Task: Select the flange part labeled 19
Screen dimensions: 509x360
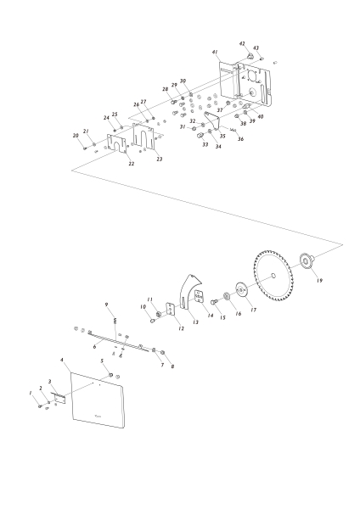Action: [x=307, y=260]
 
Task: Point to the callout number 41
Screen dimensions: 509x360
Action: [x=215, y=53]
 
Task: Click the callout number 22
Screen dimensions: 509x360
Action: [x=131, y=164]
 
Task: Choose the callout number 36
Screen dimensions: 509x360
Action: [x=240, y=139]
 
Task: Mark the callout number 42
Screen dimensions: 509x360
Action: [x=242, y=43]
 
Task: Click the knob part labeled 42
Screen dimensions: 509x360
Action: [x=250, y=55]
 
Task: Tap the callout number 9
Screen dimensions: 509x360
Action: [x=106, y=304]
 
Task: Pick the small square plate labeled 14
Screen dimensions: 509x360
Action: [x=200, y=298]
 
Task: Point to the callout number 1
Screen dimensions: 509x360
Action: [x=31, y=393]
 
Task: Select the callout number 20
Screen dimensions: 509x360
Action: [x=75, y=136]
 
